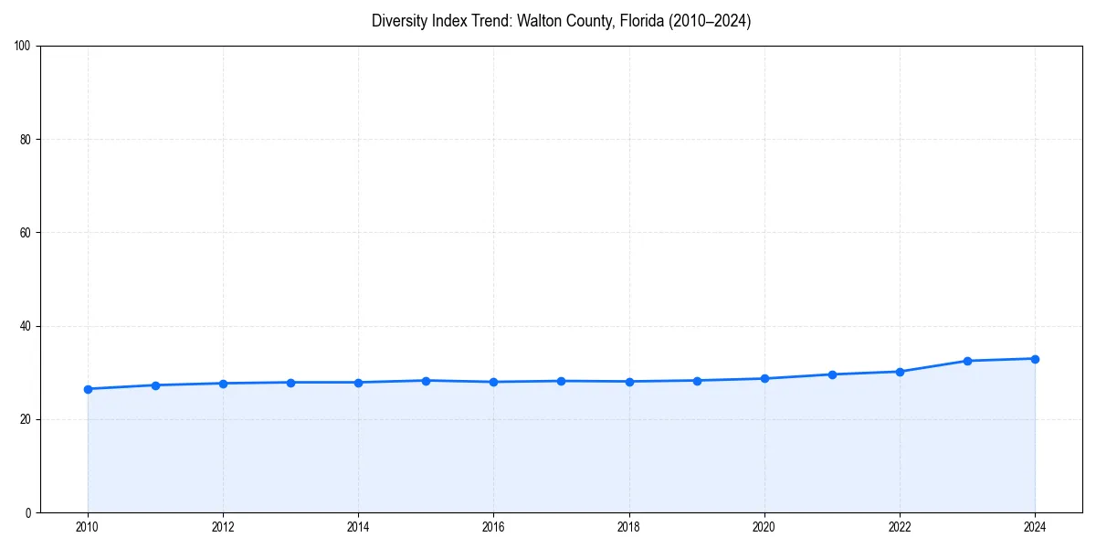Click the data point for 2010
pos(88,389)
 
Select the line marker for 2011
pos(155,385)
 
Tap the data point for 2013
pos(290,383)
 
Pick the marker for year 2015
pos(426,381)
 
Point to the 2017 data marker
pos(561,381)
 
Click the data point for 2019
pos(697,381)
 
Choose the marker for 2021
pos(832,374)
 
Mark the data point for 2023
pos(967,361)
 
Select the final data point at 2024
pos(1035,359)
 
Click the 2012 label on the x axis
pos(223,527)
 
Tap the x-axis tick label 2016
pos(493,527)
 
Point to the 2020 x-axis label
pos(764,527)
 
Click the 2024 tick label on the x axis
pos(1035,527)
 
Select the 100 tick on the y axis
pos(23,46)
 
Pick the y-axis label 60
pos(26,233)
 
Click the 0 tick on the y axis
pos(28,512)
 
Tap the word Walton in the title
pos(539,21)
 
